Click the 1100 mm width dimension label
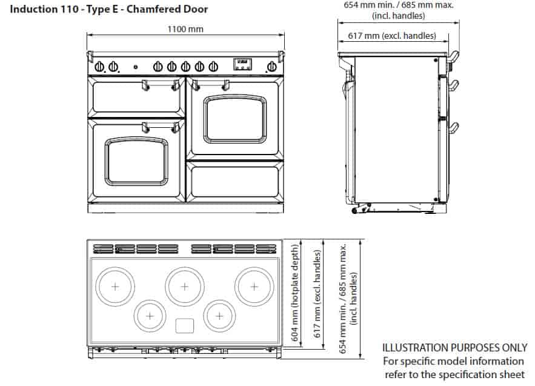point(185,29)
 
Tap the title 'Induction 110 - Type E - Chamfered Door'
point(109,9)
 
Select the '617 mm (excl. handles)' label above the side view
point(392,36)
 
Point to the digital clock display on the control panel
point(242,64)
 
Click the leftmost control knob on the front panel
point(99,67)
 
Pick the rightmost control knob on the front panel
point(272,67)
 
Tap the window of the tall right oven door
point(234,119)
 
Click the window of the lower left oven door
point(136,161)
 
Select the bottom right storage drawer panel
point(234,182)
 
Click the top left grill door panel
point(136,98)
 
